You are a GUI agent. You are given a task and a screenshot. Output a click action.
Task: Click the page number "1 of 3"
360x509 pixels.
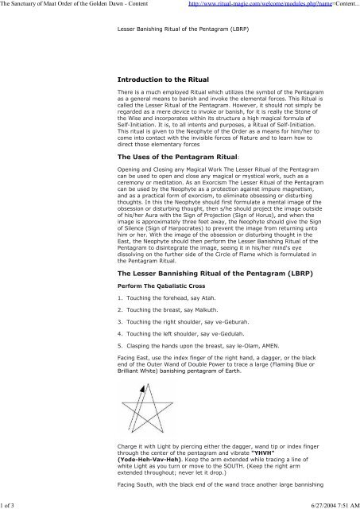13,502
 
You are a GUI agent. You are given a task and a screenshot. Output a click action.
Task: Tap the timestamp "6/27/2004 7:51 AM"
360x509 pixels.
327,502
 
